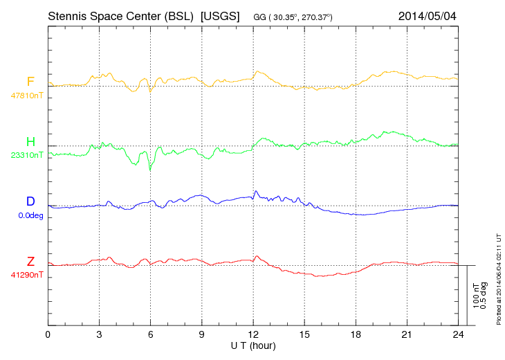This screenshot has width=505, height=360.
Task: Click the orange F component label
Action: click(30, 82)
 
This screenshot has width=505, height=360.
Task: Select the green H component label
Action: click(30, 142)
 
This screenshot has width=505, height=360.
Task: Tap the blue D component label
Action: click(30, 201)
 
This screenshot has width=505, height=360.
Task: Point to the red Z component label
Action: click(30, 261)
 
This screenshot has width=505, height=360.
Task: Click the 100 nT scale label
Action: click(476, 296)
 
